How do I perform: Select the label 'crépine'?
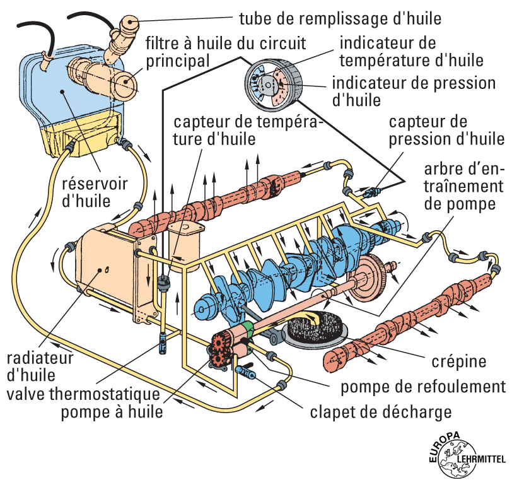pyautogui.click(x=458, y=362)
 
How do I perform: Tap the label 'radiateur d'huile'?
pyautogui.click(x=39, y=365)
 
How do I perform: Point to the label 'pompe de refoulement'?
pyautogui.click(x=423, y=387)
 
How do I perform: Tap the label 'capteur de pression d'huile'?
pyautogui.click(x=446, y=129)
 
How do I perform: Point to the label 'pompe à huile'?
pyautogui.click(x=112, y=412)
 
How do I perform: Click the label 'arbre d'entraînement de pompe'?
pyautogui.click(x=463, y=187)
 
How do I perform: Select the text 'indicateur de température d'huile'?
pyautogui.click(x=410, y=52)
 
